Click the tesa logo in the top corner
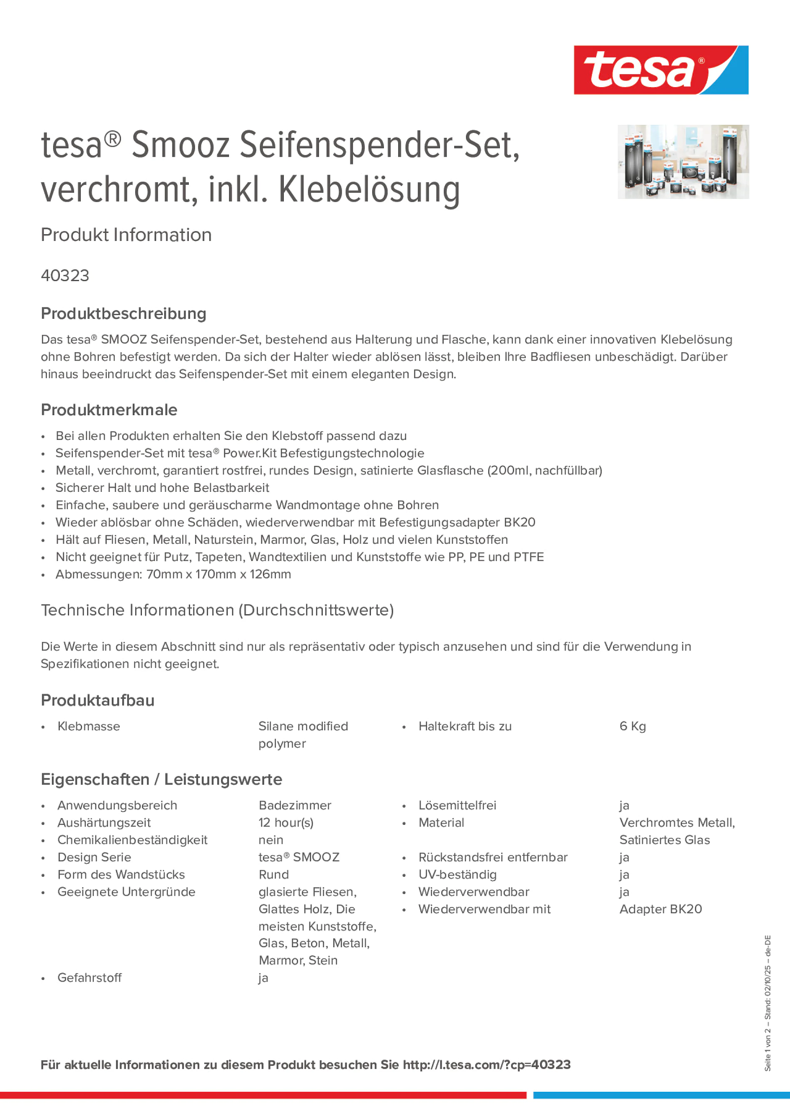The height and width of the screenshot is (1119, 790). [x=661, y=70]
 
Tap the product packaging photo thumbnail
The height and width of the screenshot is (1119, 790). [x=683, y=161]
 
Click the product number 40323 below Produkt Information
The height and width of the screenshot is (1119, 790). [x=65, y=275]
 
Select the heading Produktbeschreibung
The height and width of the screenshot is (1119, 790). [x=123, y=313]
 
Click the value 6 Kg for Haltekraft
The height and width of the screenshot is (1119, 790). [x=632, y=726]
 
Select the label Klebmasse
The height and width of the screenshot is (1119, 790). [x=89, y=726]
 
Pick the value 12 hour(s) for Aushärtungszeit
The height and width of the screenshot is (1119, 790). [x=286, y=823]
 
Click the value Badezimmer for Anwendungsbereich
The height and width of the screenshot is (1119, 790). [x=295, y=805]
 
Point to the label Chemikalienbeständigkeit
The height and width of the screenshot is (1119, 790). [x=132, y=840]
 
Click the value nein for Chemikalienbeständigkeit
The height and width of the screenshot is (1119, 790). [x=271, y=840]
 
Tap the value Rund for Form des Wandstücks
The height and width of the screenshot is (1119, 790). [x=274, y=874]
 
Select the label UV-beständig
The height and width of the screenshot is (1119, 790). [x=457, y=874]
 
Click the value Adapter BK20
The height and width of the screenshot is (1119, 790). [x=661, y=909]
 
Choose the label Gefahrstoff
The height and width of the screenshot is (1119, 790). [x=90, y=978]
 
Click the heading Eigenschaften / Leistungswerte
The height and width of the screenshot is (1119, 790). [x=161, y=779]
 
